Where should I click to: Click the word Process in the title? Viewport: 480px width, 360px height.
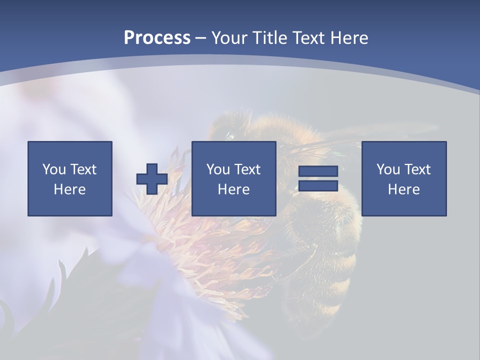pyautogui.click(x=157, y=38)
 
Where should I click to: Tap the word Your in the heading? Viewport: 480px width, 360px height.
pyautogui.click(x=229, y=38)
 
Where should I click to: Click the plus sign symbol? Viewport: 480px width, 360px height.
pyautogui.click(x=152, y=179)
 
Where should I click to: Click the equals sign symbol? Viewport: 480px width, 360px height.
pyautogui.click(x=318, y=178)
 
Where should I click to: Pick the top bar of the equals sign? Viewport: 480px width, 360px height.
pyautogui.click(x=318, y=171)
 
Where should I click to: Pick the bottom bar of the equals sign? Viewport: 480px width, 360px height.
pyautogui.click(x=318, y=185)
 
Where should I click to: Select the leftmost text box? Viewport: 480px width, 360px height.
pyautogui.click(x=70, y=178)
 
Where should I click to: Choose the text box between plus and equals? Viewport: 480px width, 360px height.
pyautogui.click(x=233, y=178)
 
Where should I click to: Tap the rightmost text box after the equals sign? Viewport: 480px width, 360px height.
pyautogui.click(x=403, y=178)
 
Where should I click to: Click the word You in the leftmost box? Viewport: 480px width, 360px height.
pyautogui.click(x=54, y=169)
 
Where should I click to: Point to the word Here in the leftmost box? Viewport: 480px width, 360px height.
pyautogui.click(x=70, y=189)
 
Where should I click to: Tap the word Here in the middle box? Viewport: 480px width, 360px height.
pyautogui.click(x=233, y=189)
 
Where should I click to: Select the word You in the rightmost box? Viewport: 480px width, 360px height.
pyautogui.click(x=388, y=169)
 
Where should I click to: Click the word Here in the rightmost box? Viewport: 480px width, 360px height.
pyautogui.click(x=403, y=189)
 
